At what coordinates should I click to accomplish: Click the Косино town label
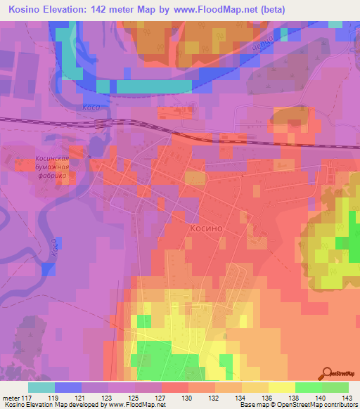pos(206,229)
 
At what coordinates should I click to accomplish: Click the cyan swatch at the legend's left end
pos(41,387)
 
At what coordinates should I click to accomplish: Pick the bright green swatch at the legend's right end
pos(335,387)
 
